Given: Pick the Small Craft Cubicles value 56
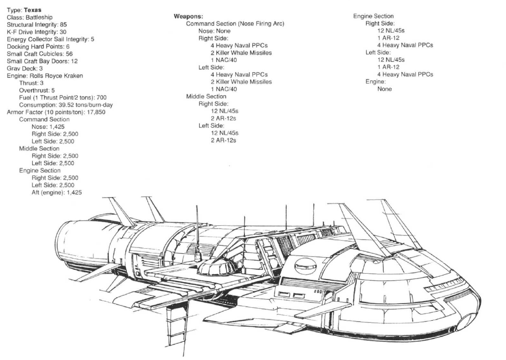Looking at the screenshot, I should pos(65,54).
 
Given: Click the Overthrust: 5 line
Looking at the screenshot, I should pos(37,90).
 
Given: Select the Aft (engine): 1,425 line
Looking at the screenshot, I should pos(57,192).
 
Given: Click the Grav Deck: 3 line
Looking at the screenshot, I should pos(25,68).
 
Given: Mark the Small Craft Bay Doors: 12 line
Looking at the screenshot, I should pos(42,61).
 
